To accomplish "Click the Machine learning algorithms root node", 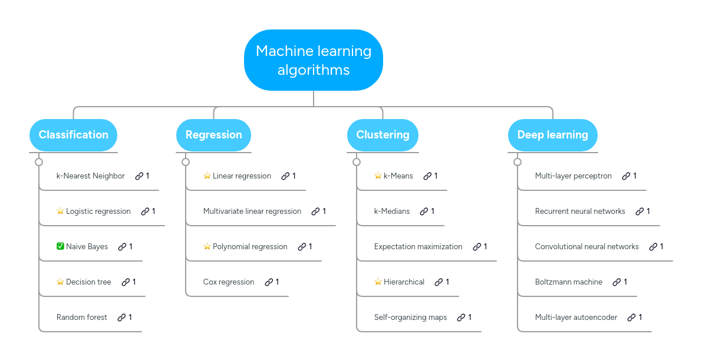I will [x=314, y=60].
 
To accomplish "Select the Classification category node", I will [x=73, y=135].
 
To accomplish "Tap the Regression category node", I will [x=213, y=135].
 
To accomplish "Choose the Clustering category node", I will [x=383, y=135].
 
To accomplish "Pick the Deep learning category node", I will [x=552, y=135].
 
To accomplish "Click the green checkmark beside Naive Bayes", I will [x=60, y=246].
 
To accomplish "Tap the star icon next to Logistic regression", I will [x=60, y=211].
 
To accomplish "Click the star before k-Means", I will [x=378, y=176].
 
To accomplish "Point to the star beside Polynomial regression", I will [x=207, y=246].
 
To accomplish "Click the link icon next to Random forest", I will [x=121, y=317].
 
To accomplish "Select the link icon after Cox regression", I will [x=269, y=282].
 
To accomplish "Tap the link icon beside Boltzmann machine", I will [x=617, y=282].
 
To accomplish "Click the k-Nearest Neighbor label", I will [x=90, y=176].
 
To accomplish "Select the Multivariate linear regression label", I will [x=252, y=211].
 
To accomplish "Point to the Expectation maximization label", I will [x=418, y=246].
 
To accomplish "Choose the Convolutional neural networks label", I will [x=586, y=246].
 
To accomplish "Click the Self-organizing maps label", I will [x=410, y=317].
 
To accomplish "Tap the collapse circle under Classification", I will [x=39, y=162].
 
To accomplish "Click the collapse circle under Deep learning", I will [x=518, y=162].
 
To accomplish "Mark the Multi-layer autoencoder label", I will [x=576, y=317].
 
